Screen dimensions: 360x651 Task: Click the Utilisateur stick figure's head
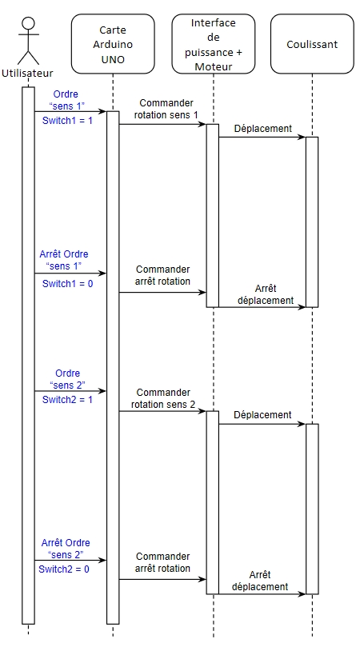point(28,22)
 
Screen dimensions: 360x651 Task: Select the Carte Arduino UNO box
point(113,44)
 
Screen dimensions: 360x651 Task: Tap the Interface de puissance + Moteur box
point(214,44)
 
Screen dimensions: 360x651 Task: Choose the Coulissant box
point(312,44)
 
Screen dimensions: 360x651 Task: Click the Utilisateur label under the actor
point(27,74)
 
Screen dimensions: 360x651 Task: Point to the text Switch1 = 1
point(67,121)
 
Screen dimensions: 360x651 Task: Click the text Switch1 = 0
point(67,284)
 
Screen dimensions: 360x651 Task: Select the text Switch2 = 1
point(67,399)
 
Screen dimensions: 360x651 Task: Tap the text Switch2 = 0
point(64,569)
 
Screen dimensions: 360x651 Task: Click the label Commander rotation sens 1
point(166,109)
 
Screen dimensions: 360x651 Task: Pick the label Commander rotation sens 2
point(163,398)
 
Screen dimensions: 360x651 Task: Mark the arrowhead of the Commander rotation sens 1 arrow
point(203,124)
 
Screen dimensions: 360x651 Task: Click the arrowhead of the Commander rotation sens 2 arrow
point(203,411)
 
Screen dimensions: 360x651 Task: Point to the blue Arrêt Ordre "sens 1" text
point(64,259)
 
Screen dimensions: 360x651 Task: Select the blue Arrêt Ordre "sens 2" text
point(66,548)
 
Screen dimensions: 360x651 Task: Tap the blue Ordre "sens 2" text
point(67,379)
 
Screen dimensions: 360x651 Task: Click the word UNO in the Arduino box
point(113,59)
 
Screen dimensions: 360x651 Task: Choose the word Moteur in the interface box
point(214,66)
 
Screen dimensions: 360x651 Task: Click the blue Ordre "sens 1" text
point(66,100)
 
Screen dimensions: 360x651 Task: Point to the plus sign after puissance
point(239,52)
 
